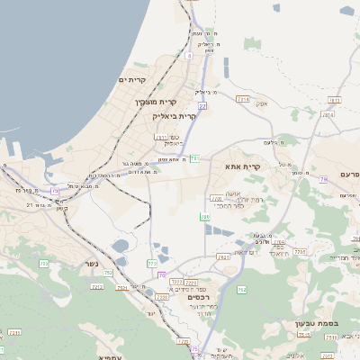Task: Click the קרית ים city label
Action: coord(131,80)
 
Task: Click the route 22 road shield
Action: coord(202,106)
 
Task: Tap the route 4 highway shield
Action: coord(189,56)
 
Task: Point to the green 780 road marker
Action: coord(205,217)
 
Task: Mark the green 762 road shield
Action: coord(240,290)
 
